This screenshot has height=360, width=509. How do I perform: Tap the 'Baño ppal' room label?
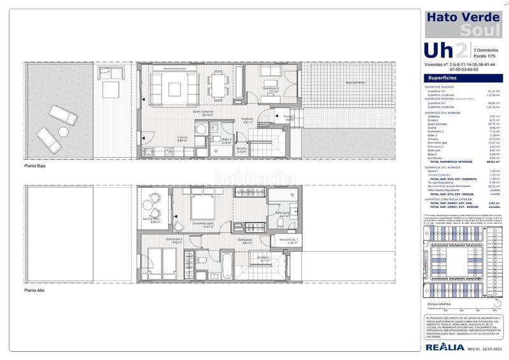click(x=283, y=214)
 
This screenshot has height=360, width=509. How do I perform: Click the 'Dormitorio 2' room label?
click(x=175, y=240)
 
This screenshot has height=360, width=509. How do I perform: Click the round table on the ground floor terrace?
click(x=63, y=132)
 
